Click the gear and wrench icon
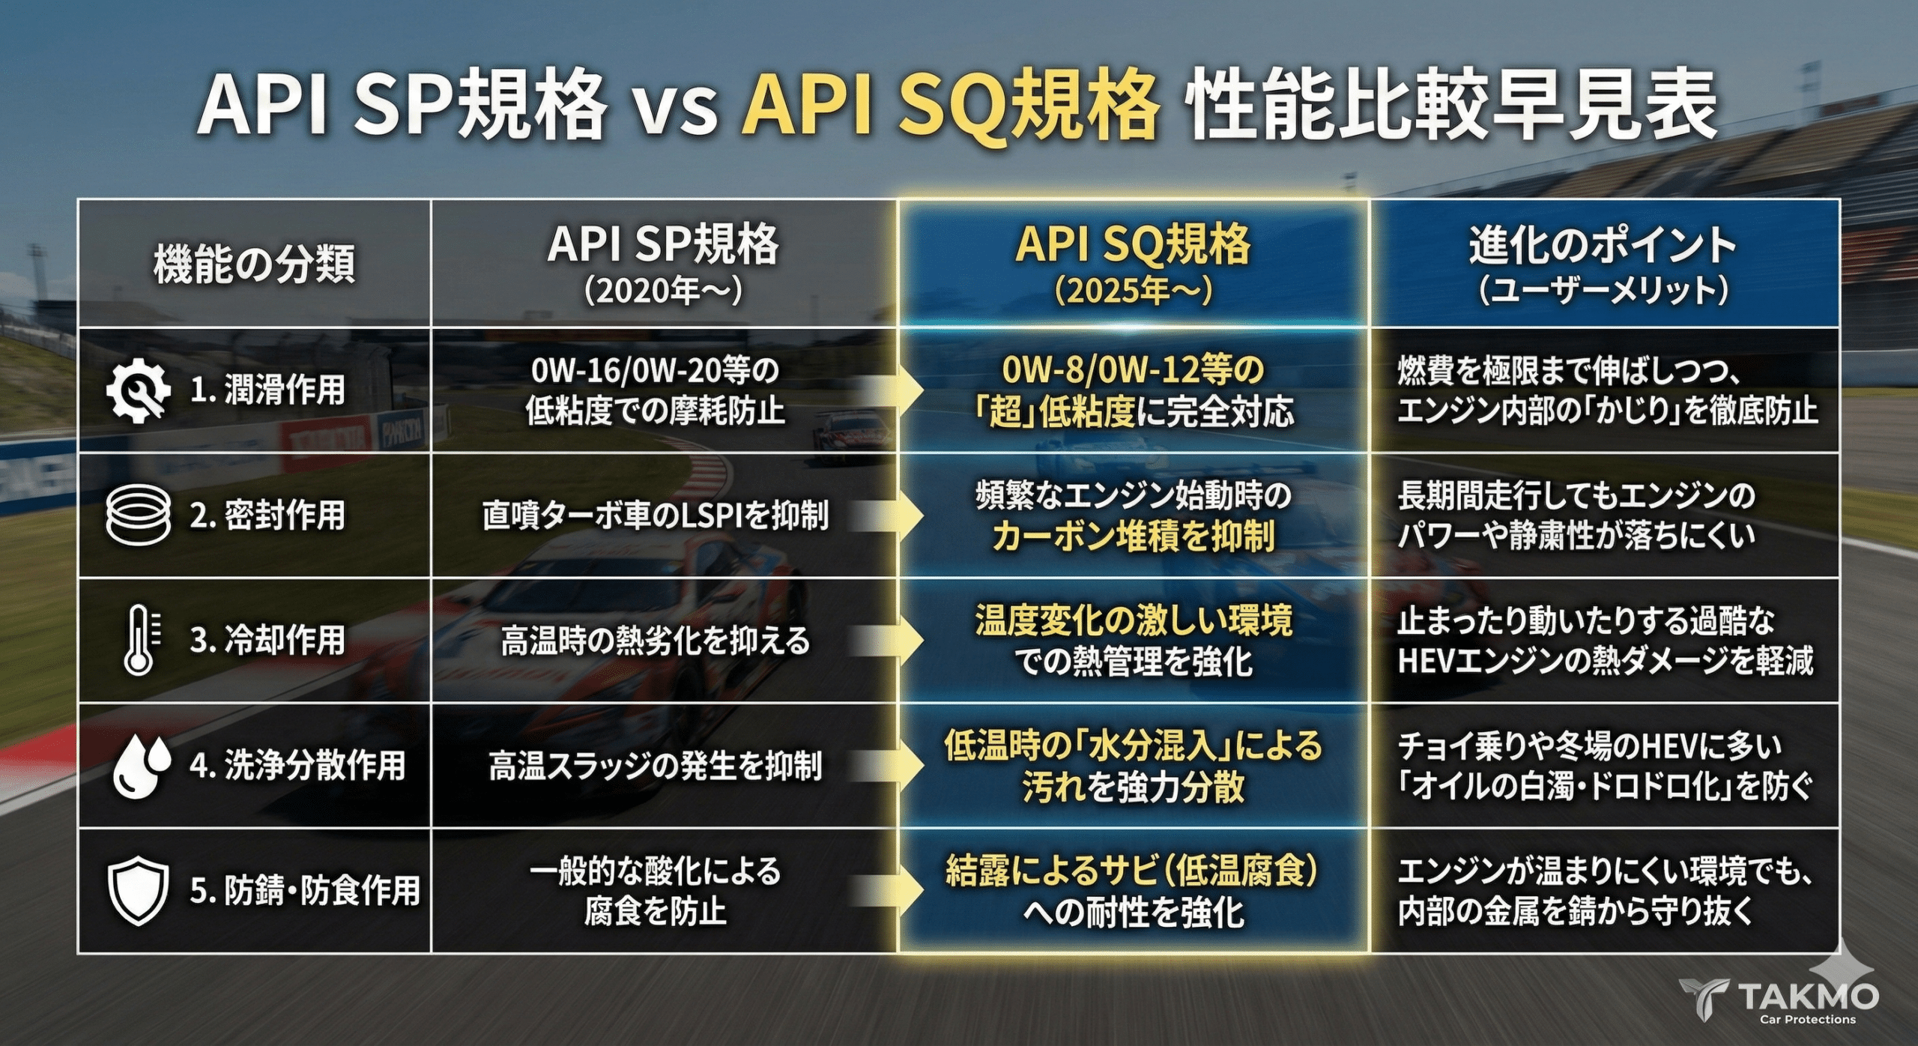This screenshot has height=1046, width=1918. coord(138,390)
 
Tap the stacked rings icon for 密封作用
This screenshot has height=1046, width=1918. coord(138,515)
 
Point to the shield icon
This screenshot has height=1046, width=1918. coord(138,892)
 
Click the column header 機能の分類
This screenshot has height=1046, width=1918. coord(254,264)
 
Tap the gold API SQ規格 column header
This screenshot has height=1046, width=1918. coord(1133,244)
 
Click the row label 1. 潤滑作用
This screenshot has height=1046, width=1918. coord(267,390)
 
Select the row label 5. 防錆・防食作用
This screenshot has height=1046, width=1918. coord(305,892)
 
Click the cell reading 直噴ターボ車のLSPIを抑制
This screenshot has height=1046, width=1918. coord(656,516)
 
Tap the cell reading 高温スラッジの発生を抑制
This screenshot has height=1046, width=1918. coord(656,766)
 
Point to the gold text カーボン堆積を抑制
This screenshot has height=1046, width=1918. coord(1134,536)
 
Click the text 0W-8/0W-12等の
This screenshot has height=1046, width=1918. coord(1133,369)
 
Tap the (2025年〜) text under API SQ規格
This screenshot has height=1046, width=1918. coord(1133,290)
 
